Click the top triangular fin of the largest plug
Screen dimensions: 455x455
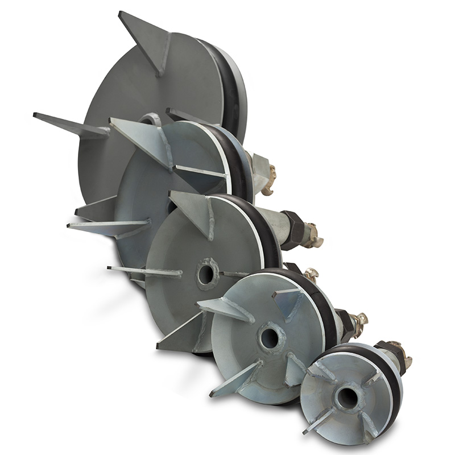coord(146,40)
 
